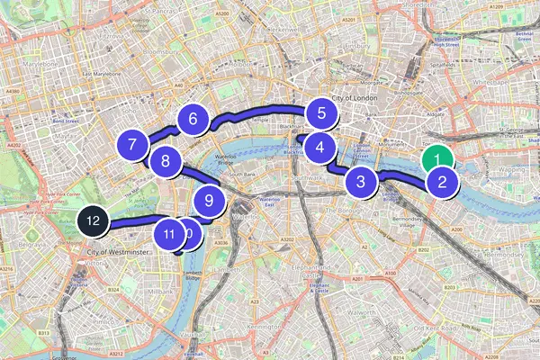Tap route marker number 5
click(319, 114)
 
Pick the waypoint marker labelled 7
click(132, 145)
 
